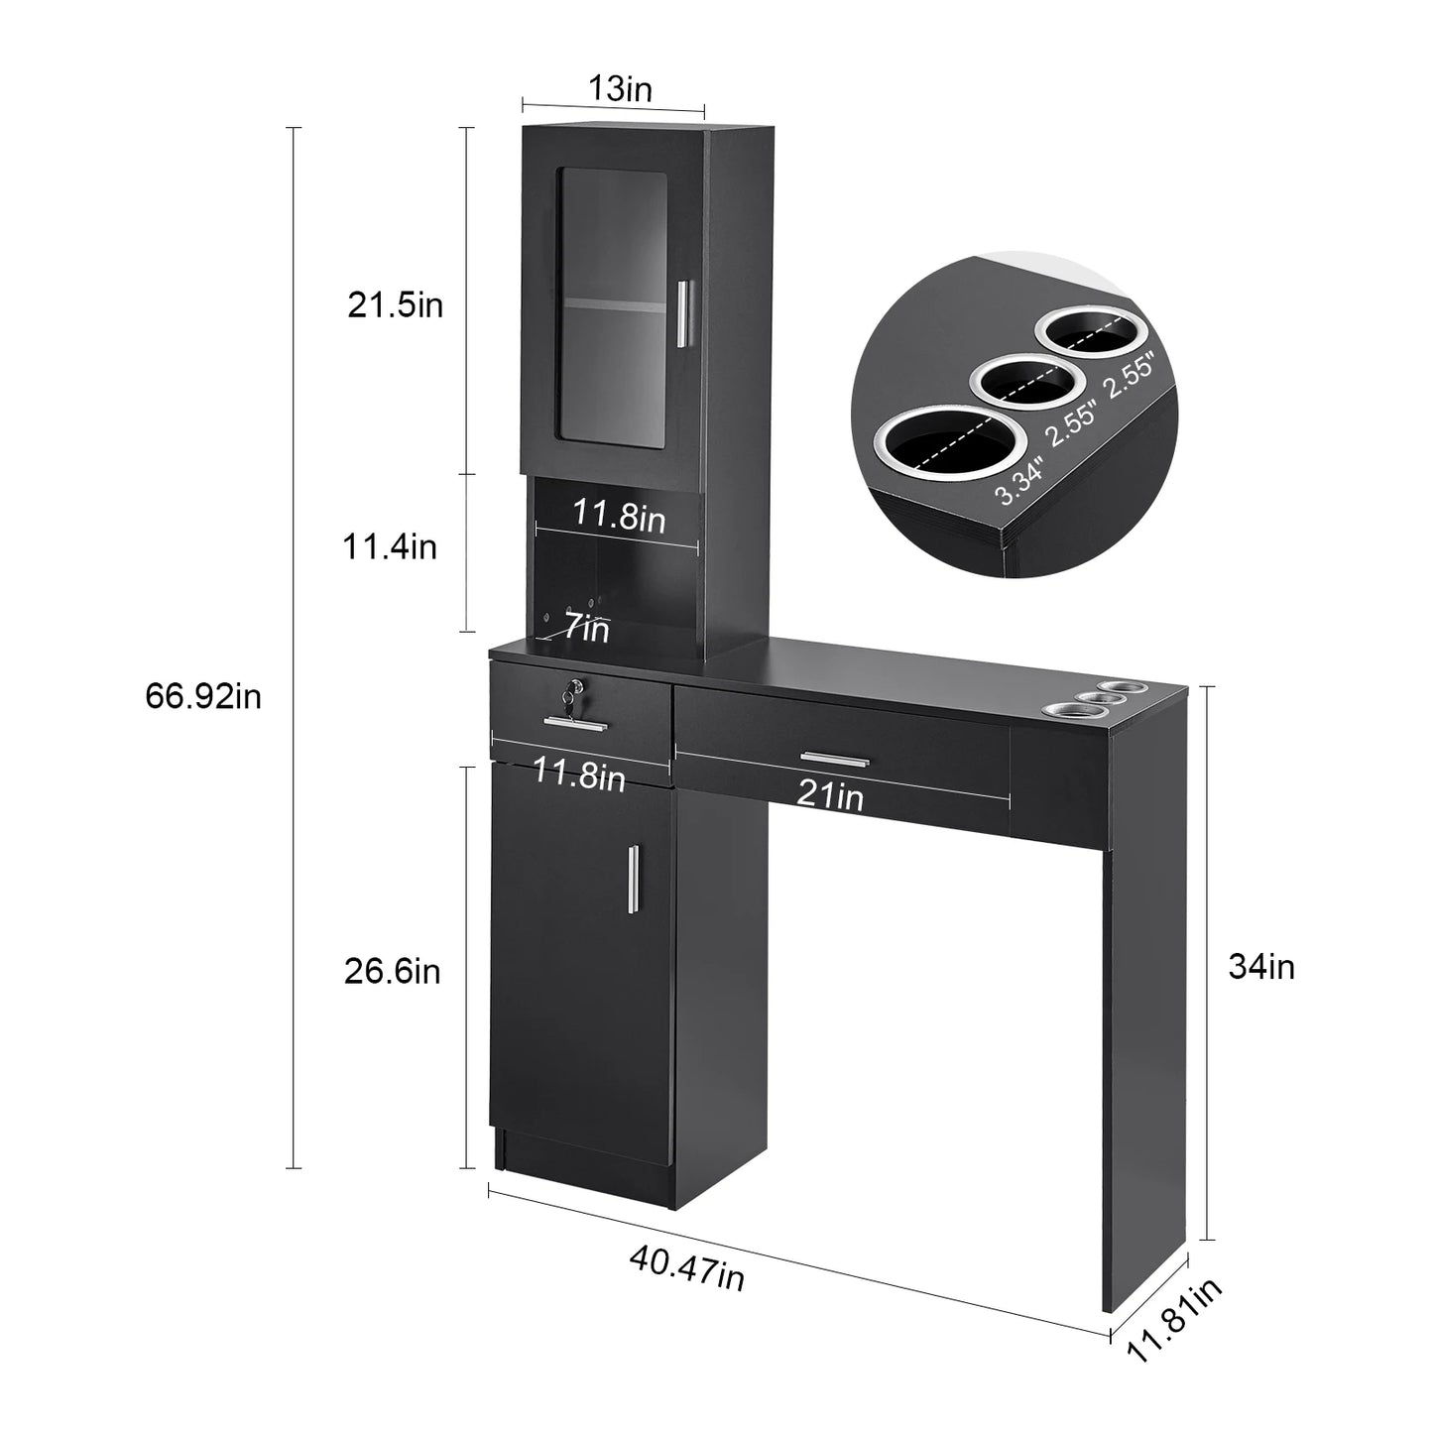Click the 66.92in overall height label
(x=203, y=696)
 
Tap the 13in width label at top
(x=620, y=89)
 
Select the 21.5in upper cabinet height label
(x=395, y=305)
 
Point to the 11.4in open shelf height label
(x=390, y=546)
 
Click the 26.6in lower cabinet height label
(x=392, y=971)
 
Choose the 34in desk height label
(x=1261, y=966)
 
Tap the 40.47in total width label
(x=686, y=1268)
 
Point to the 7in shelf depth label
(x=586, y=628)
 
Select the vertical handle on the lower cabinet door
(x=631, y=883)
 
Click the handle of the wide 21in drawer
(x=834, y=760)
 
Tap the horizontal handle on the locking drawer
(x=575, y=723)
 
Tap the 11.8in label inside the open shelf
(x=619, y=516)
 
